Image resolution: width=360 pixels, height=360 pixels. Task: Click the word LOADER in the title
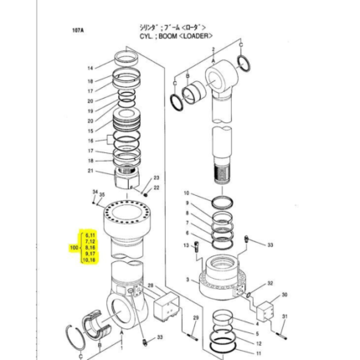coord(198,36)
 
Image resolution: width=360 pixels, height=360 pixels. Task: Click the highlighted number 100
coord(74,248)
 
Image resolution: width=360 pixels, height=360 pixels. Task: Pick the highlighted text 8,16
coord(90,248)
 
